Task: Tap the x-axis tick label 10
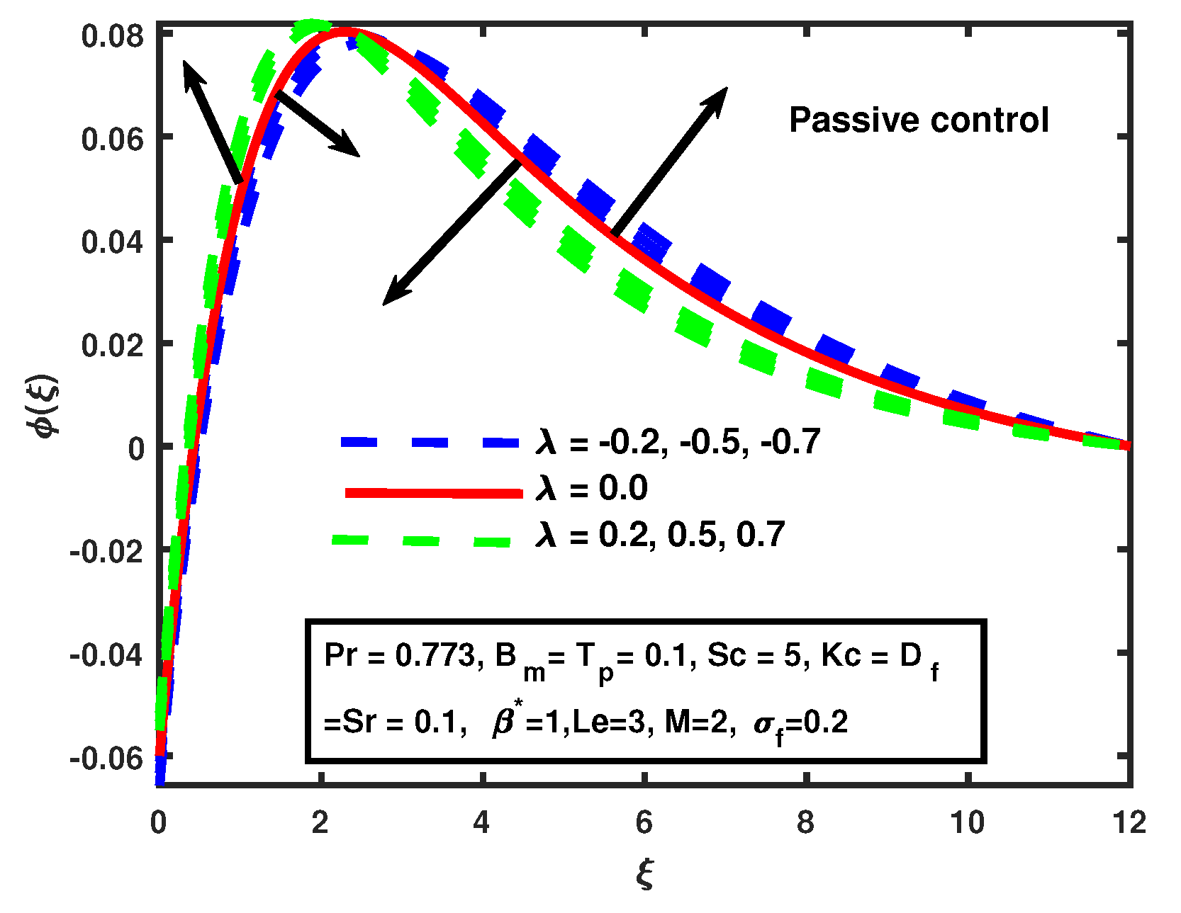(967, 822)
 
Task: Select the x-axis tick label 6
(644, 822)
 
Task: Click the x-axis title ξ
(644, 874)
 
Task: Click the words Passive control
(919, 120)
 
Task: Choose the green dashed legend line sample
(421, 540)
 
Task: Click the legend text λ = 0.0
(591, 489)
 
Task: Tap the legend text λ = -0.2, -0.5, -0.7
(678, 442)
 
